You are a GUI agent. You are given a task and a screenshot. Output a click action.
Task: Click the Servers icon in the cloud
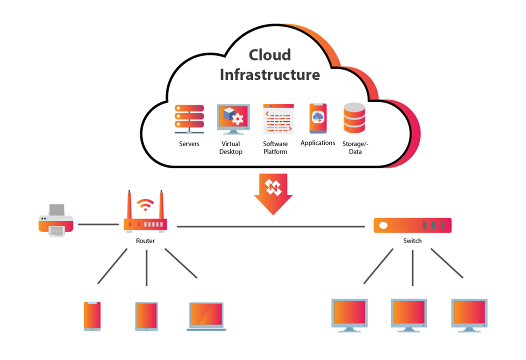pyautogui.click(x=189, y=119)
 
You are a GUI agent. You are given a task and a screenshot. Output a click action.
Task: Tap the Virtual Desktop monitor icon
pyautogui.click(x=233, y=119)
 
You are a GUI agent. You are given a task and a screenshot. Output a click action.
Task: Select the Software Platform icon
pyautogui.click(x=278, y=119)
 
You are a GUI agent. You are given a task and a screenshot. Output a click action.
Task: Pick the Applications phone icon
pyautogui.click(x=317, y=118)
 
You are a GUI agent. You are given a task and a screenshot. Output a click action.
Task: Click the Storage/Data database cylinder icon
pyautogui.click(x=354, y=119)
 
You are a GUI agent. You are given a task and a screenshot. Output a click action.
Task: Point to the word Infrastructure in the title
pyautogui.click(x=269, y=74)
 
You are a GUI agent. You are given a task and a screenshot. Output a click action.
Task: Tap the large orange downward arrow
pyautogui.click(x=272, y=193)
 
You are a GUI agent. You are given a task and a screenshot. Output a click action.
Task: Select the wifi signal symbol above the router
pyautogui.click(x=145, y=204)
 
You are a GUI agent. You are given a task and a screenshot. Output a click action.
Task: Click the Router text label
pyautogui.click(x=145, y=241)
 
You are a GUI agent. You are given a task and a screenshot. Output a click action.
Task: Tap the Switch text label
pyautogui.click(x=412, y=241)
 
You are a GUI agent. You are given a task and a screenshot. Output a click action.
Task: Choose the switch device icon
pyautogui.click(x=412, y=225)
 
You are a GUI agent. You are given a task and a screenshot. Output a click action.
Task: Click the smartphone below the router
pyautogui.click(x=92, y=316)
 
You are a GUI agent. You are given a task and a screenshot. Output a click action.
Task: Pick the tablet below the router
pyautogui.click(x=146, y=316)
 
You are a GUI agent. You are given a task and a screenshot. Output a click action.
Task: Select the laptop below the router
pyautogui.click(x=206, y=316)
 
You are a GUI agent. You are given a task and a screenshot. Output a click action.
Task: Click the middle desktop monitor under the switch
pyautogui.click(x=408, y=313)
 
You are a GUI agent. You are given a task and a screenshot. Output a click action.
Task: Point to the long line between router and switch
pyautogui.click(x=270, y=226)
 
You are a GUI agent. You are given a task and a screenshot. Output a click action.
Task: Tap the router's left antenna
pyautogui.click(x=129, y=205)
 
